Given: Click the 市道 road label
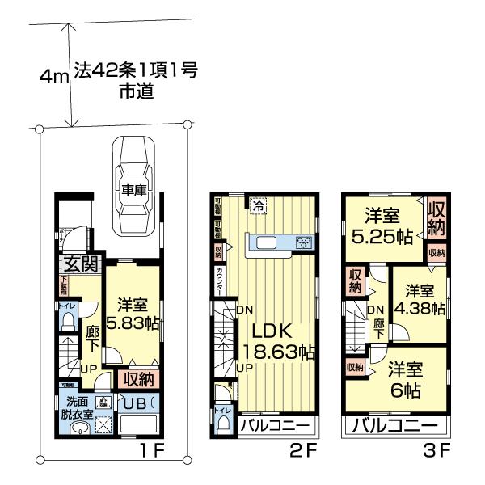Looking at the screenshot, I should click(135, 93).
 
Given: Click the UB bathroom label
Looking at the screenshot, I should click(133, 402).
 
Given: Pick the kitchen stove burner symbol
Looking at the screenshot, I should click(305, 242).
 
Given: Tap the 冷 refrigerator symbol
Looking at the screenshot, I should click(257, 207).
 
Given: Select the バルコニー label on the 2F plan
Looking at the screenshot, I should click(275, 426).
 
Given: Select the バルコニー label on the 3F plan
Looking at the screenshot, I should click(394, 426).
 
